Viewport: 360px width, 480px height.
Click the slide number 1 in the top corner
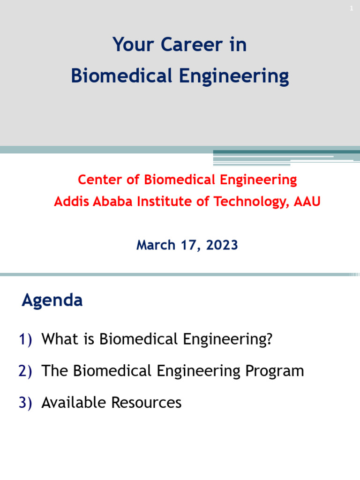351,8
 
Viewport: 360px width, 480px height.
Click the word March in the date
156,245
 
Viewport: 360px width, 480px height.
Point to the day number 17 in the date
190,245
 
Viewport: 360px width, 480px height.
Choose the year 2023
222,245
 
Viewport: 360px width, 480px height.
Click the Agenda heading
52,300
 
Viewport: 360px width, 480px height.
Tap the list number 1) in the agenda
25,339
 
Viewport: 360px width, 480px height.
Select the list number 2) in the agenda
25,371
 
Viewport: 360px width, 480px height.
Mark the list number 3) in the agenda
25,403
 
